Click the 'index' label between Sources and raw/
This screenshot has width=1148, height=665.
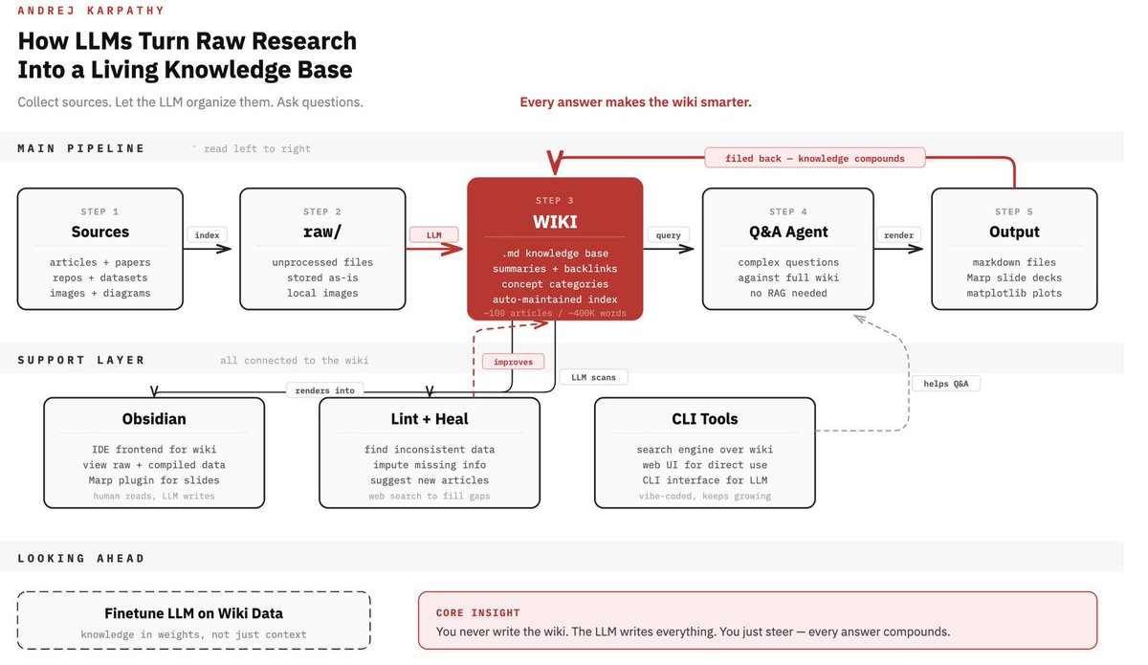pyautogui.click(x=207, y=234)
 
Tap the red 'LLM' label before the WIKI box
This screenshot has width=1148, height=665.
pyautogui.click(x=433, y=234)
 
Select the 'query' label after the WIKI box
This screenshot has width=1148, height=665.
pyautogui.click(x=668, y=234)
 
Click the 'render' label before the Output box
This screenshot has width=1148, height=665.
pyautogui.click(x=898, y=234)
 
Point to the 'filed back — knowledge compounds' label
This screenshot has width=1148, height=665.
pyautogui.click(x=815, y=158)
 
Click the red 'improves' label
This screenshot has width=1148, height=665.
pyautogui.click(x=513, y=362)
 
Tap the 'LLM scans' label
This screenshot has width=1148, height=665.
pyautogui.click(x=593, y=377)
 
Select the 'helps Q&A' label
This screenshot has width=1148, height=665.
pyautogui.click(x=945, y=384)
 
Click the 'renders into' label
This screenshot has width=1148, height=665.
pyautogui.click(x=325, y=390)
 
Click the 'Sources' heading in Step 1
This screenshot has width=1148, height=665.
pyautogui.click(x=100, y=232)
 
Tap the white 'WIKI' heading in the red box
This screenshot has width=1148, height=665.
pyautogui.click(x=555, y=222)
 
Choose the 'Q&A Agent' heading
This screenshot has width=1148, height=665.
pyautogui.click(x=787, y=232)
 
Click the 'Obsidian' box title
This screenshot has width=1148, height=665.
pyautogui.click(x=154, y=419)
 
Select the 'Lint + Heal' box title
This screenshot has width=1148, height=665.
pyautogui.click(x=430, y=419)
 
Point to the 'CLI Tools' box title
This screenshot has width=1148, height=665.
pyautogui.click(x=705, y=419)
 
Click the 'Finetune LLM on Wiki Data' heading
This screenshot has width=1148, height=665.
pyautogui.click(x=193, y=613)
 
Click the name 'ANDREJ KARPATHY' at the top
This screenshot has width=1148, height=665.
pyautogui.click(x=91, y=11)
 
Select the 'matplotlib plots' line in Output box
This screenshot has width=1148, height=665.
pyautogui.click(x=1014, y=293)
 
